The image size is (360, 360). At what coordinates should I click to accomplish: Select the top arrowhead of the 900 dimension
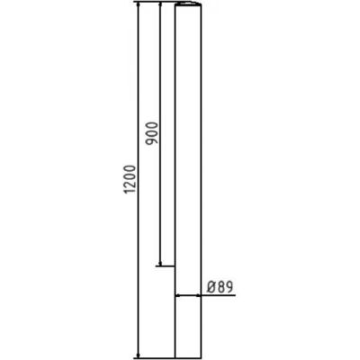point(158,6)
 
